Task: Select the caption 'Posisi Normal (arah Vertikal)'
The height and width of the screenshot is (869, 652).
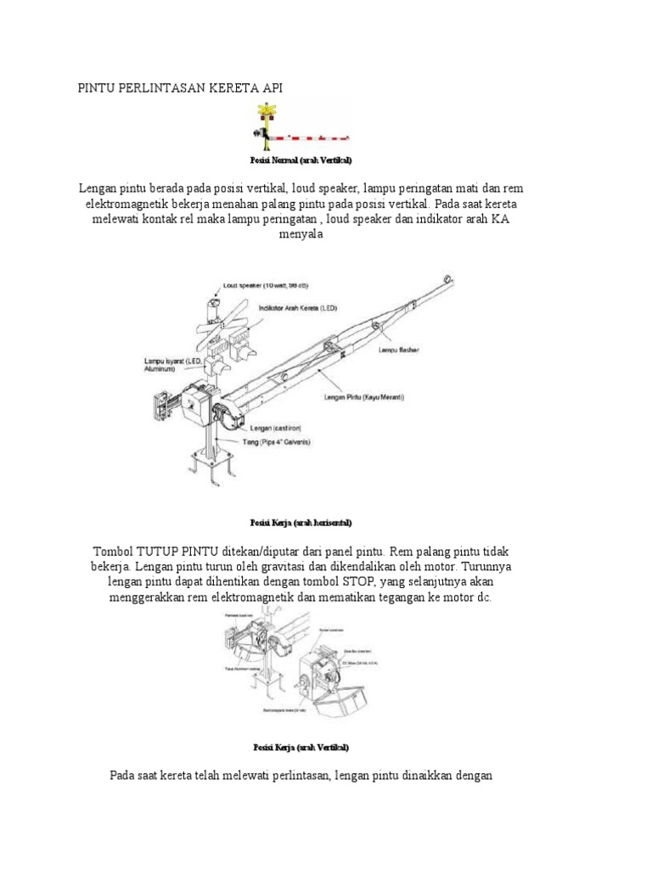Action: (301, 160)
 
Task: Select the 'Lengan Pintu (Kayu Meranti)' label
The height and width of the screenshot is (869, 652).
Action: (364, 396)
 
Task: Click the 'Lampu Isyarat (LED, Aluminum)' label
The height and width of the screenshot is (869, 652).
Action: (172, 365)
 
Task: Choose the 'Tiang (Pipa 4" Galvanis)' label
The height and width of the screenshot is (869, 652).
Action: (273, 442)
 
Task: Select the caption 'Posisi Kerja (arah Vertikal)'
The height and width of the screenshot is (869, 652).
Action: (301, 747)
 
